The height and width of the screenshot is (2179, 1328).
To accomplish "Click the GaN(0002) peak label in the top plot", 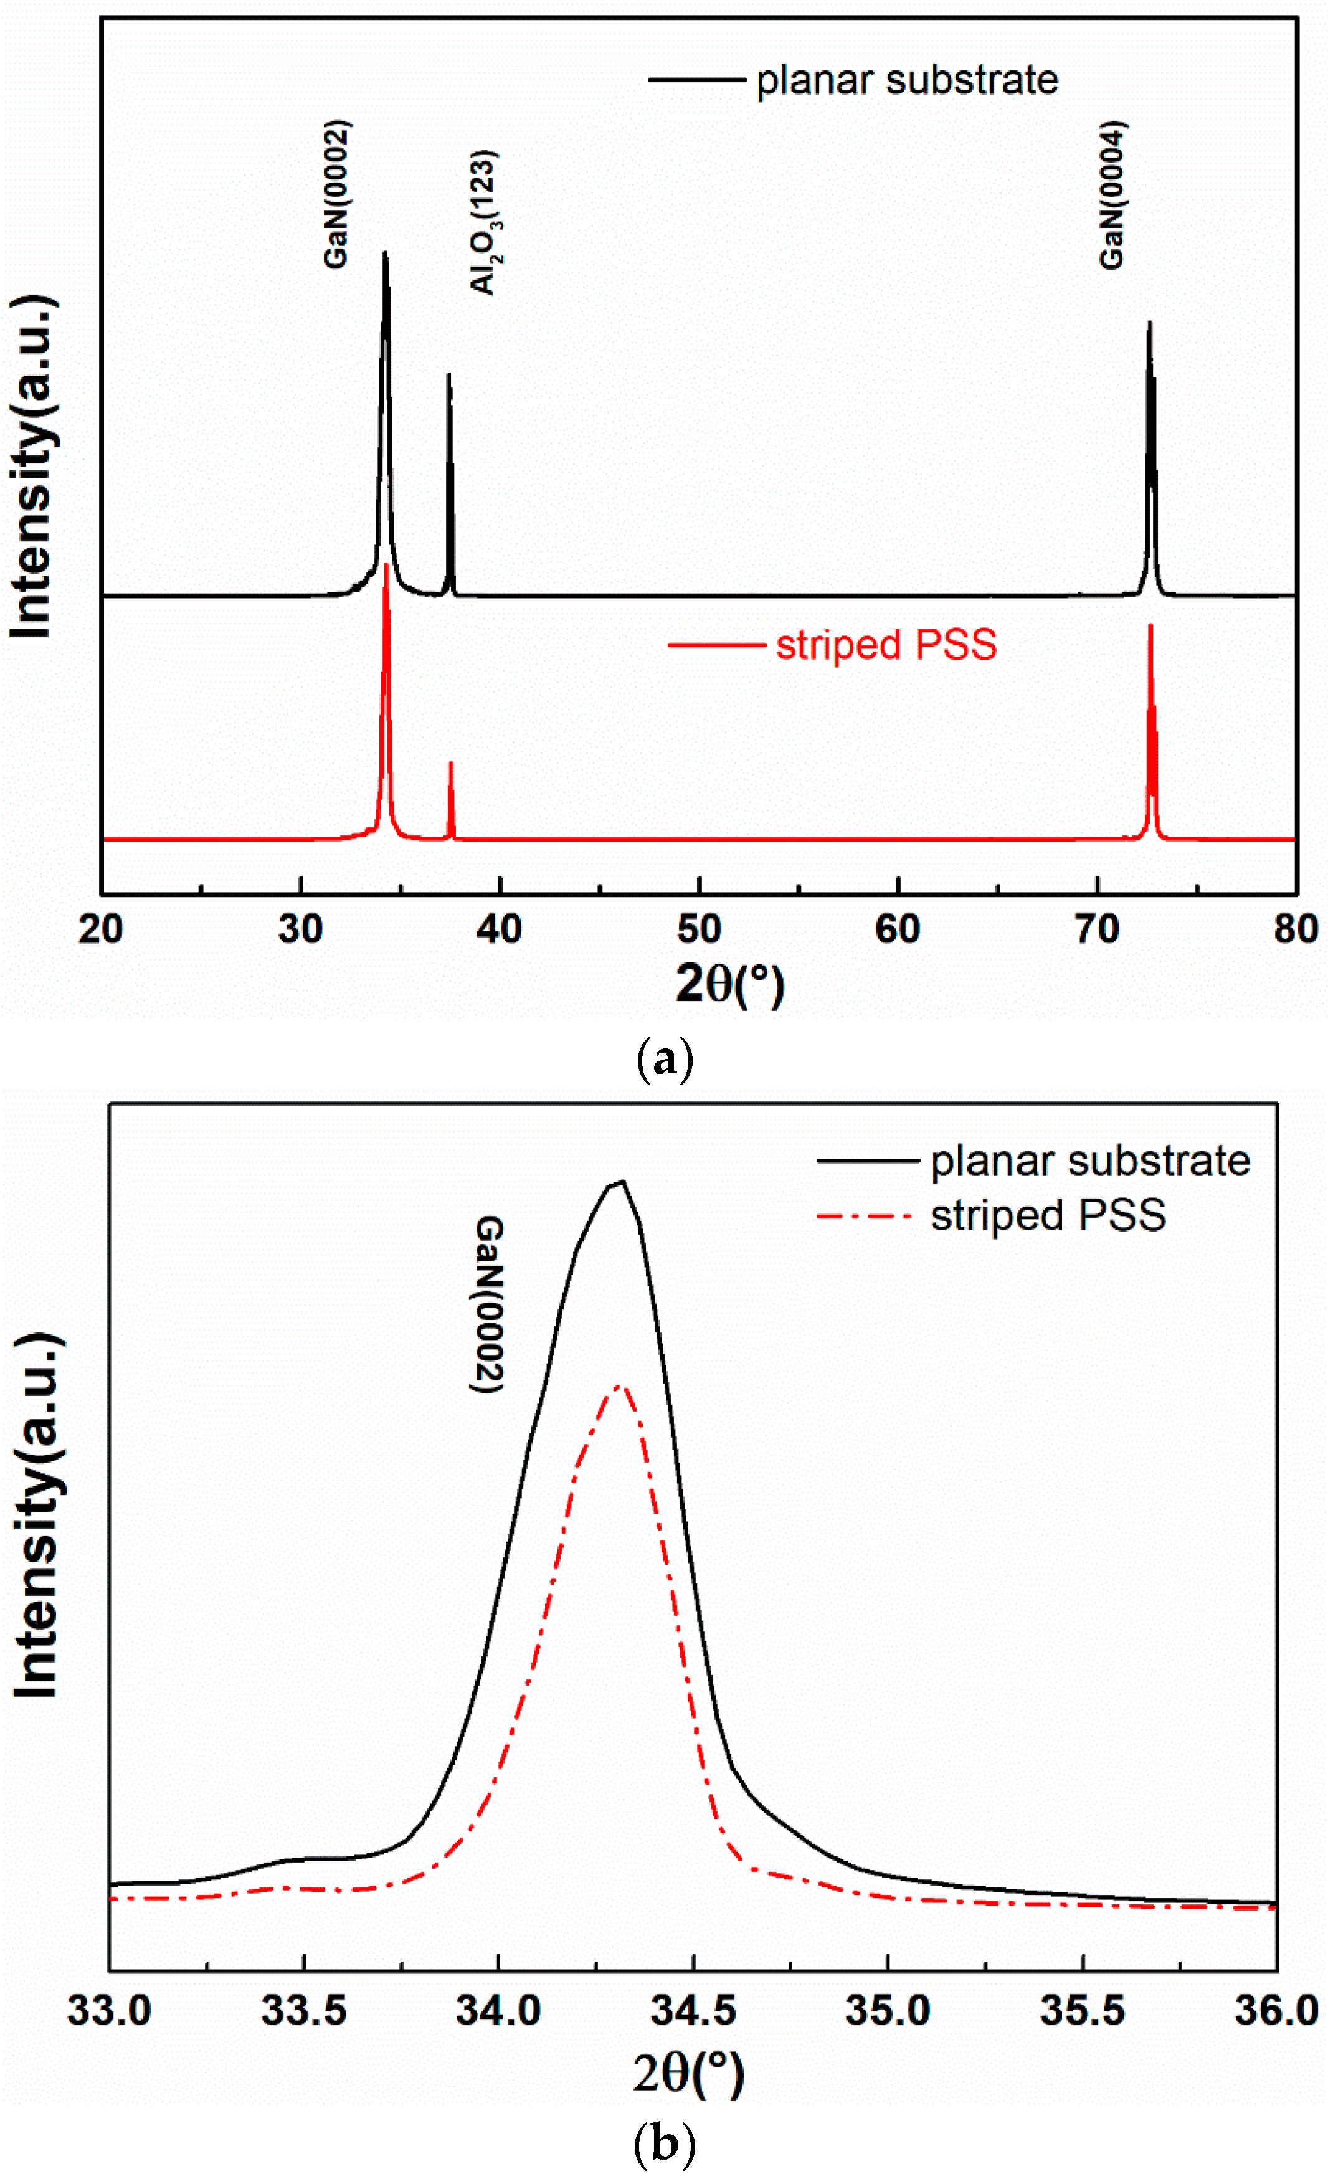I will click(337, 194).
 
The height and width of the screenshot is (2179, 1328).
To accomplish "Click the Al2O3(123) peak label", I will click(483, 223).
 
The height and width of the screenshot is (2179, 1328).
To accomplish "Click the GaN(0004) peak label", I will click(1112, 194).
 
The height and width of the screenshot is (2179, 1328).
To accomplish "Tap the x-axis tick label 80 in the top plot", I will click(1295, 929).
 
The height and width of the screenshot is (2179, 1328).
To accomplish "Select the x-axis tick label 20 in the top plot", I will click(101, 929).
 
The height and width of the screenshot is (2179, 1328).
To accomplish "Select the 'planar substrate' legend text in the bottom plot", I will click(1090, 1161).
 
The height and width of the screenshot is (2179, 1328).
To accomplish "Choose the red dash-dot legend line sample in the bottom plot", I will click(865, 1217).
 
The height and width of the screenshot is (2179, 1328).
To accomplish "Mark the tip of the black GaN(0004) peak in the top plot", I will click(1149, 323).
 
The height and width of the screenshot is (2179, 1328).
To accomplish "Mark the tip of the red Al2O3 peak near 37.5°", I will click(451, 762).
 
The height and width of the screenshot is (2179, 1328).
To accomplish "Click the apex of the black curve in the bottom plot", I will click(622, 1182).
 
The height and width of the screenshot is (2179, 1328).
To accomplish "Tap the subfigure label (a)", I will click(665, 1058).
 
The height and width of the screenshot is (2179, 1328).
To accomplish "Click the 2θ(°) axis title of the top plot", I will click(729, 984).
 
